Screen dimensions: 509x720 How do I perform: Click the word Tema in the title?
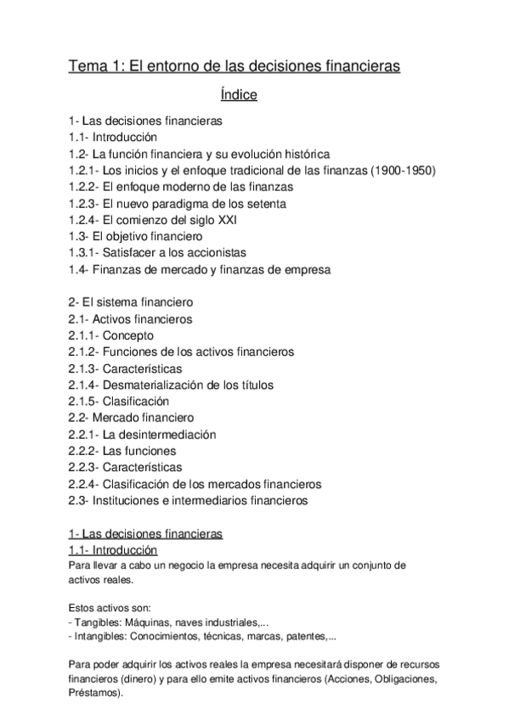click(88, 65)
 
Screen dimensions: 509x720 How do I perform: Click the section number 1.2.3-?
click(83, 203)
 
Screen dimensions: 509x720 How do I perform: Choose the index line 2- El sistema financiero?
click(131, 301)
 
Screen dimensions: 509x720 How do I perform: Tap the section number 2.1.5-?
click(83, 401)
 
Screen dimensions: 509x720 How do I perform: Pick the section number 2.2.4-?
click(83, 484)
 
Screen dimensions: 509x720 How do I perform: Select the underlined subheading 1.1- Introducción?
click(112, 550)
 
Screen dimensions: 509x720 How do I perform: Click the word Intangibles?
click(102, 636)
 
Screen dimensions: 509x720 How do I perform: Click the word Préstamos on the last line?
click(93, 692)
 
